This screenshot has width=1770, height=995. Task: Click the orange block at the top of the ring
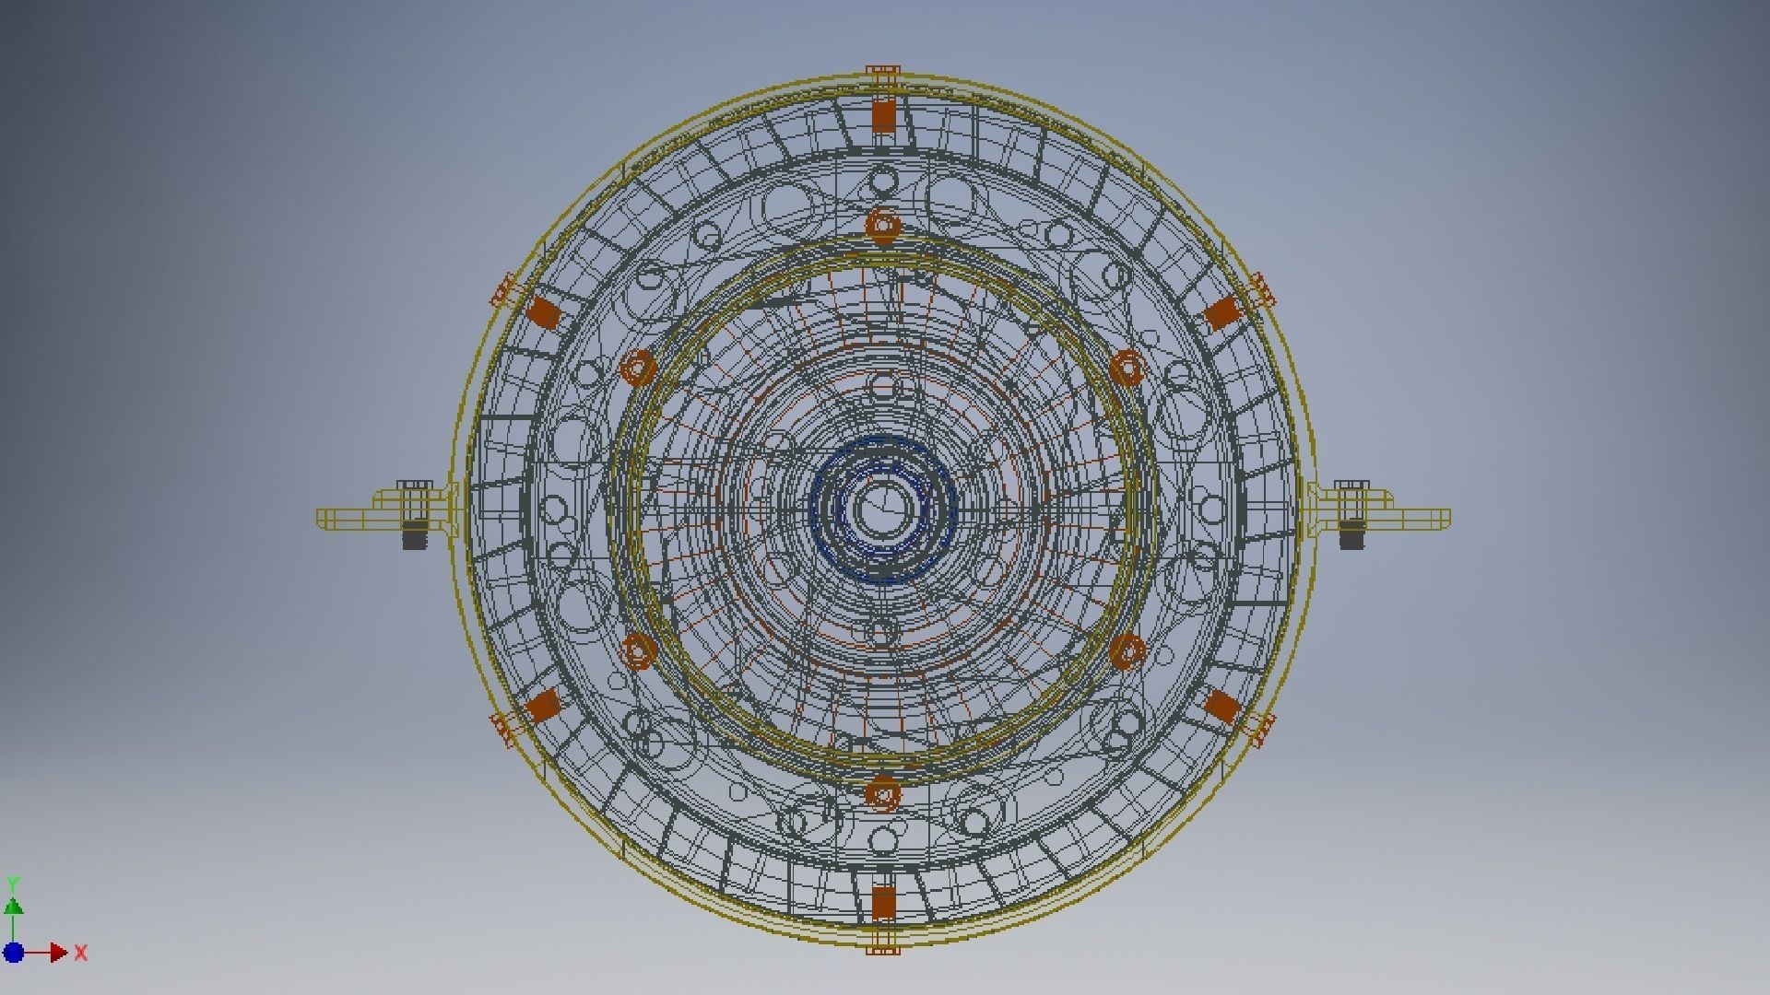[883, 115]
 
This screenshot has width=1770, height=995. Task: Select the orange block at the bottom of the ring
[883, 903]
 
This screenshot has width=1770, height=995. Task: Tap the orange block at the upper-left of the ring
[544, 313]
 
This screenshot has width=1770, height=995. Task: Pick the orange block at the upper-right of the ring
[1222, 313]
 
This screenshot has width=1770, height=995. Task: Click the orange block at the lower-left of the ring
[543, 706]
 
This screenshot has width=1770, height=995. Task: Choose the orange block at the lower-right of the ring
[1222, 707]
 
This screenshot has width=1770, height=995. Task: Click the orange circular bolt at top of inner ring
[883, 224]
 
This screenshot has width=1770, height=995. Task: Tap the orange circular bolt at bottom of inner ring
[883, 793]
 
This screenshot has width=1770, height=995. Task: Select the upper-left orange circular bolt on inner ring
[638, 368]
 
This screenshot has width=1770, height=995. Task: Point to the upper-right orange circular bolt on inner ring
[1127, 367]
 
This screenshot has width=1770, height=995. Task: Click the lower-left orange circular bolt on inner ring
[638, 651]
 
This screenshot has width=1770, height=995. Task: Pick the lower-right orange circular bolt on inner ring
[1127, 651]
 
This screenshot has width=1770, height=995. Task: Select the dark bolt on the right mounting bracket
[1351, 533]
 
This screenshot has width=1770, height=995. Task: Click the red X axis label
[81, 954]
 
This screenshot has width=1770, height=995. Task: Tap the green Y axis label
[13, 884]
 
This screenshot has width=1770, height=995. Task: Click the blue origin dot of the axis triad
[14, 953]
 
